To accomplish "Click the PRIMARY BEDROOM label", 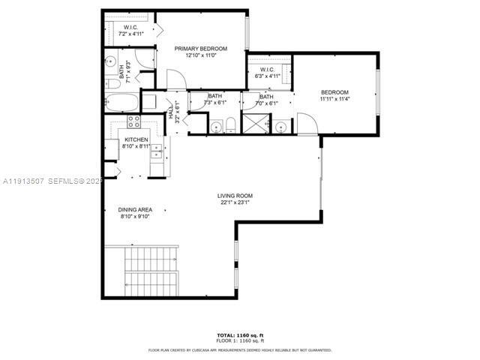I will pos(200,49).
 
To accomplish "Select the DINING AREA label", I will pos(136,209).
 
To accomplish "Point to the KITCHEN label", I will pos(136,140).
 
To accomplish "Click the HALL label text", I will pos(171,113).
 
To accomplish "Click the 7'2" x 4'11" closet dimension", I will pos(129,34).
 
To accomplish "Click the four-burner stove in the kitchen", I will pos(135,121).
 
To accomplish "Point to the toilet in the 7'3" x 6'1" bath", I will pos(232,125).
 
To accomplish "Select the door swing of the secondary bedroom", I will pos(306,123).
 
